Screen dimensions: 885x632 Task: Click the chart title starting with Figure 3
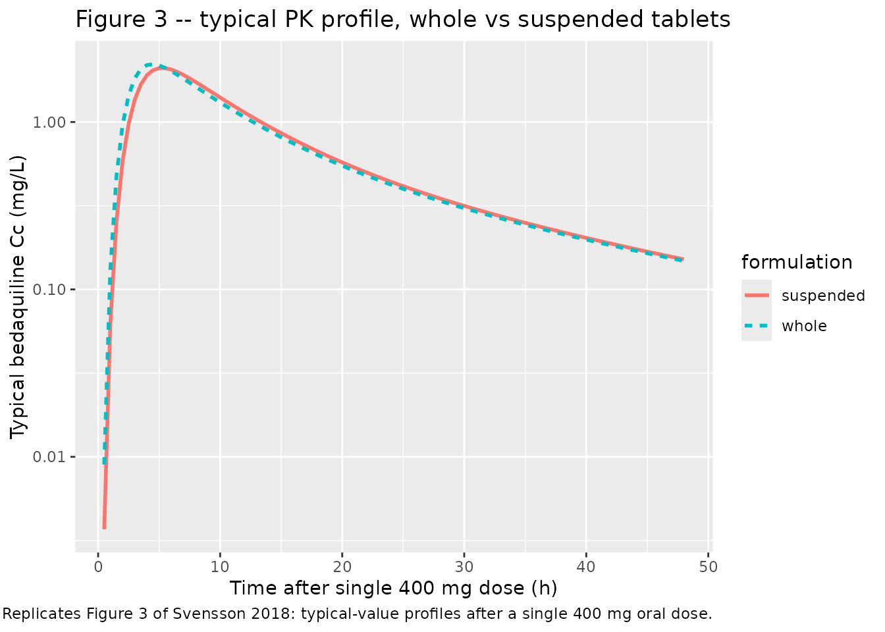click(x=402, y=20)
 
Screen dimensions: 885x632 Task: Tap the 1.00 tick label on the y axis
click(x=49, y=123)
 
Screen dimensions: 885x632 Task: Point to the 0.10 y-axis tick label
click(x=49, y=290)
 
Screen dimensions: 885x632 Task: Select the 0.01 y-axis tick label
click(x=49, y=458)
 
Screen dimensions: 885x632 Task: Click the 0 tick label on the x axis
click(x=98, y=567)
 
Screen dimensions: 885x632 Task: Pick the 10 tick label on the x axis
click(x=220, y=567)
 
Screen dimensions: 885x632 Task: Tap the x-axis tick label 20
click(x=342, y=567)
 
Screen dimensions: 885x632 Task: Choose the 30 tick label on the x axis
click(x=464, y=567)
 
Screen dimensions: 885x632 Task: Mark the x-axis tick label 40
click(x=586, y=567)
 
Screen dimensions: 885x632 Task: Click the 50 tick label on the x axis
click(x=708, y=567)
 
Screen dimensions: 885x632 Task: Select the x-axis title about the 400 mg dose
click(x=394, y=589)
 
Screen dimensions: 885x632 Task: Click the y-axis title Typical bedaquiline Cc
click(x=18, y=297)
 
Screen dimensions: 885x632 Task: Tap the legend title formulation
click(x=797, y=262)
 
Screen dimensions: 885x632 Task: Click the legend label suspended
click(x=823, y=296)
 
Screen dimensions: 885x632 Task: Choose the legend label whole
click(x=804, y=326)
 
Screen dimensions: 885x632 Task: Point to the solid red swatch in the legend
click(x=757, y=295)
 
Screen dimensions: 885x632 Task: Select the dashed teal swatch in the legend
click(x=757, y=326)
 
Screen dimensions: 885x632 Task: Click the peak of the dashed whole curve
click(x=149, y=65)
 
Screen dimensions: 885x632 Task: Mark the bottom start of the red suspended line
click(x=104, y=528)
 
